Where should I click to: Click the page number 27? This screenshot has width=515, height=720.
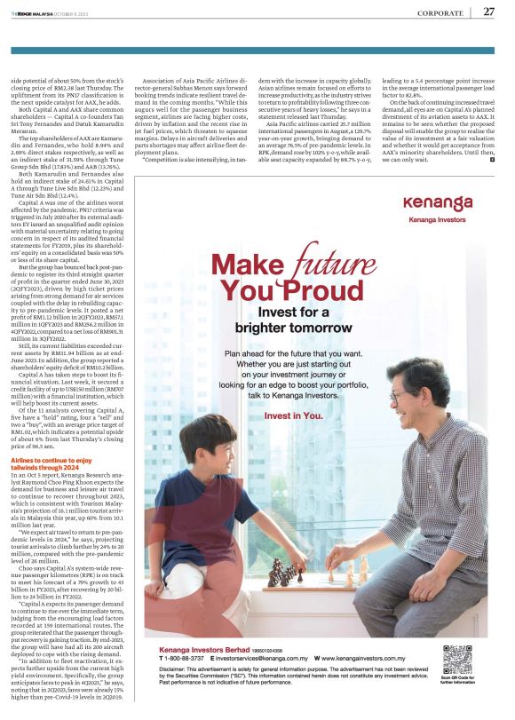click(489, 12)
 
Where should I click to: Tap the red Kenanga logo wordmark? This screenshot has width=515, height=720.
click(437, 202)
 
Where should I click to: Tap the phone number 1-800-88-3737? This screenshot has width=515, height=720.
click(186, 659)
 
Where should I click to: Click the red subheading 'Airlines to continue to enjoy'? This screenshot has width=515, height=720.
click(51, 462)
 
